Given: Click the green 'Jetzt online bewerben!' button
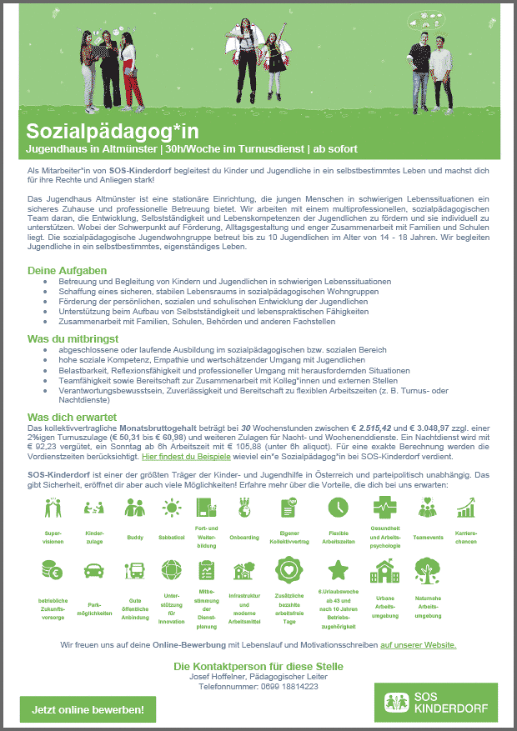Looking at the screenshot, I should [x=88, y=709].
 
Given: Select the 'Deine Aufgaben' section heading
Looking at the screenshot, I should [x=67, y=271].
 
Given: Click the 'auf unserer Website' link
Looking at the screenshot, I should [x=418, y=644].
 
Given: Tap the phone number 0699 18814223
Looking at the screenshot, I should [x=258, y=686].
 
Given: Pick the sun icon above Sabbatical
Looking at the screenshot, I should [x=171, y=506].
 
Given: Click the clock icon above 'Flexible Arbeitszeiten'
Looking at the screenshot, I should [x=338, y=506].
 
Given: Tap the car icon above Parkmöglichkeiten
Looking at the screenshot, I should [x=93, y=571].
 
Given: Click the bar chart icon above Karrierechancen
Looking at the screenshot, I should [x=465, y=506].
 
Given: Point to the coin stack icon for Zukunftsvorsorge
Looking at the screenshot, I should [x=50, y=571].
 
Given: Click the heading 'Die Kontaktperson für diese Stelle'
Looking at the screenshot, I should [x=258, y=666].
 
